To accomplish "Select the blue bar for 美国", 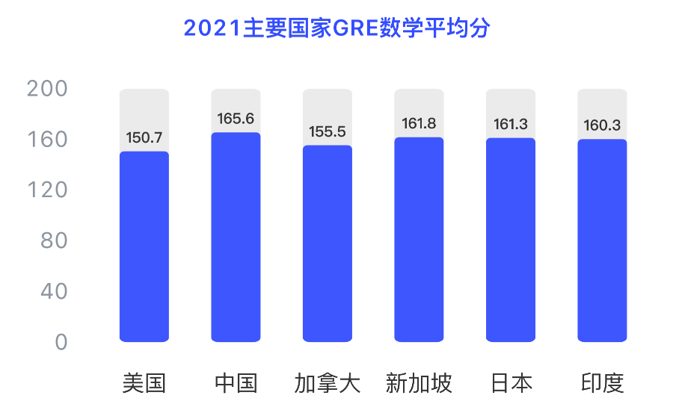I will pos(144,246).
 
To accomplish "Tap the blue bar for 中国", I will pos(236,238).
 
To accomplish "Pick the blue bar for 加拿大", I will pos(328,243).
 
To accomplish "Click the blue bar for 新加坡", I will pos(419,240).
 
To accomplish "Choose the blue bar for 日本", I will pos(511,240).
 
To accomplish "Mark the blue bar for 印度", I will pos(602,240).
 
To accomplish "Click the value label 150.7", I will pos(144,138).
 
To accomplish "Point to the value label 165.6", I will pos(236,119).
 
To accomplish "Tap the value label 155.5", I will pos(328,132).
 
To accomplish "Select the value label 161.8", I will pos(419,124).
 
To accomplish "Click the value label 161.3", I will pos(511,125).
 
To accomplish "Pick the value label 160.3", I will pos(602,125).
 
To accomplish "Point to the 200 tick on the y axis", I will pos(47,89).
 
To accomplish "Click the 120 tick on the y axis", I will pos(47,190).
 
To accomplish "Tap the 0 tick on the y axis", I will pos(61,342).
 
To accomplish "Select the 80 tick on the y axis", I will pos(54,240).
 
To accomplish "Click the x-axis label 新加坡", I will pos(419,384).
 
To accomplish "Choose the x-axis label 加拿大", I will pos(328,384).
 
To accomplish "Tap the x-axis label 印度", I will pos(602,384).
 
